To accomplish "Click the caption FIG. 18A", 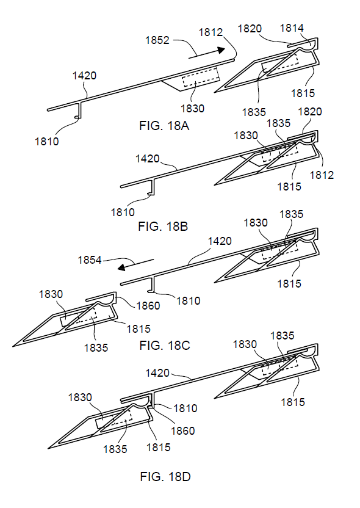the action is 164,126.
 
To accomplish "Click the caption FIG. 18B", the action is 163,227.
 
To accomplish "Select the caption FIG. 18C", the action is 165,346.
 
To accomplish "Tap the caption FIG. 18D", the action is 165,477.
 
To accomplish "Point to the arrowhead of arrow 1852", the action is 221,50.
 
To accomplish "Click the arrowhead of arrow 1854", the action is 121,267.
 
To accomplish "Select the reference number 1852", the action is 157,40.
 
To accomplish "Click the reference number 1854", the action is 90,260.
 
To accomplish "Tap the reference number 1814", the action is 292,28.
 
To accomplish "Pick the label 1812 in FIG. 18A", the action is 211,32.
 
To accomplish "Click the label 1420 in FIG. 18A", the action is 84,76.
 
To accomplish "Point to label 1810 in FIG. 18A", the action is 47,142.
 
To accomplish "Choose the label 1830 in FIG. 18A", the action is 193,109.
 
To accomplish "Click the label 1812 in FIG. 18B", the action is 322,175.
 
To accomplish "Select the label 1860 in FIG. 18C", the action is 148,306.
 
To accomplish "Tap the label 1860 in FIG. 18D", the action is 183,431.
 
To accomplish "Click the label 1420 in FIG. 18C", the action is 220,241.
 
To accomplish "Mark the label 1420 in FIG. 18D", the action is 157,373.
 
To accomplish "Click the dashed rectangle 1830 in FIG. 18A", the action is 201,77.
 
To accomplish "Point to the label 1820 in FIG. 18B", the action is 310,112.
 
